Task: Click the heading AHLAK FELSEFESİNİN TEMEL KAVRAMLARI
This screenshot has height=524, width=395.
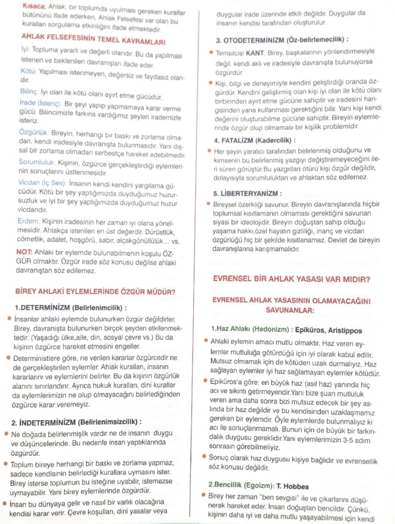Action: pyautogui.click(x=93, y=39)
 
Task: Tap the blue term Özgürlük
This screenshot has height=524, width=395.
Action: pyautogui.click(x=34, y=132)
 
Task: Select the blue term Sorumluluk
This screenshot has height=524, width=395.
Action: pyautogui.click(x=37, y=162)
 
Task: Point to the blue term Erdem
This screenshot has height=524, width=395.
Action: pyautogui.click(x=29, y=221)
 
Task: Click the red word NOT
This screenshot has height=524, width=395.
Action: pyautogui.click(x=24, y=252)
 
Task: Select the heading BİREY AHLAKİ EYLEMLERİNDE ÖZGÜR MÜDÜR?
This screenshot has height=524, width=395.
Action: pyautogui.click(x=95, y=292)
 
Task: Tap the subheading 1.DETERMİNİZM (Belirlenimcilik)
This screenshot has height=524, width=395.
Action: pyautogui.click(x=71, y=308)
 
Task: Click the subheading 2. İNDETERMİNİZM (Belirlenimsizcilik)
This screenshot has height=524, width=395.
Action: pyautogui.click(x=76, y=422)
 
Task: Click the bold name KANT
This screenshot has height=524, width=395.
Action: pyautogui.click(x=255, y=53)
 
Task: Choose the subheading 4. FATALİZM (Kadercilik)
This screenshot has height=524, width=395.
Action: pyautogui.click(x=255, y=140)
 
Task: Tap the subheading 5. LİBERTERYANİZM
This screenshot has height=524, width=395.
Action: pyautogui.click(x=247, y=193)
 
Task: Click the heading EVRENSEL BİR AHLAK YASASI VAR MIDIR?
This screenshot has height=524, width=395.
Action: pyautogui.click(x=291, y=279)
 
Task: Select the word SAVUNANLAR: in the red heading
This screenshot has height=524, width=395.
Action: pyautogui.click(x=290, y=310)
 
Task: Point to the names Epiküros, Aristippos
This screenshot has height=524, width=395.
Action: pyautogui.click(x=328, y=330)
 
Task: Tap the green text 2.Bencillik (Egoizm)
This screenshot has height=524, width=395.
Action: pyautogui.click(x=241, y=485)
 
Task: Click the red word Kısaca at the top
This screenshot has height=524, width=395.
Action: pyautogui.click(x=34, y=6)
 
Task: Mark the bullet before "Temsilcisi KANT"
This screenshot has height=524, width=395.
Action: pyautogui.click(x=211, y=52)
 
